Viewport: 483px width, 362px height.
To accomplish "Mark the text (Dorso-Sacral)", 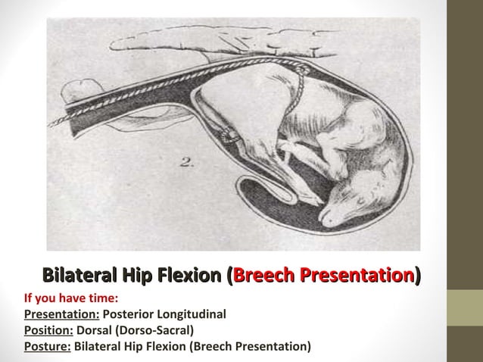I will coord(157,330).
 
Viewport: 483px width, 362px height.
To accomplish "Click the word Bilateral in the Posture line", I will coord(99,347).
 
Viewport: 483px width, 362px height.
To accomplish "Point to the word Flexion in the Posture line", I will coord(167,347).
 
